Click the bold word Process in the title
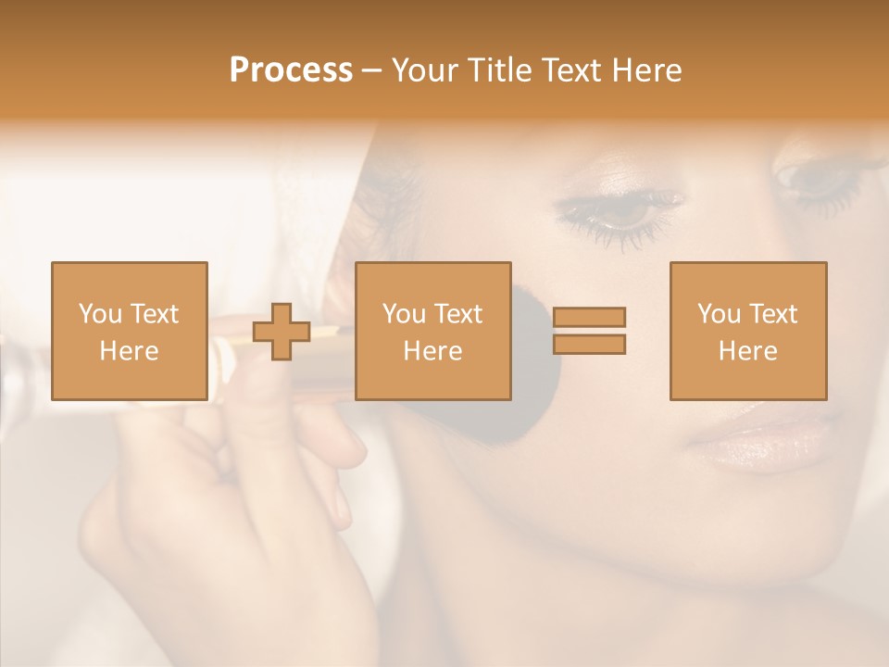pos(291,70)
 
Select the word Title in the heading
pos(501,70)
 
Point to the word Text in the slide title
pos(573,70)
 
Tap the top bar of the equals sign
pos(589,317)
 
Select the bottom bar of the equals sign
pos(589,345)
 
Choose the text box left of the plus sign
pos(130,331)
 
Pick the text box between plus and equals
pos(433,331)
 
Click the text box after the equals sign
pos(748,331)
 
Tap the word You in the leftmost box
pos(100,314)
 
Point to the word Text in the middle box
pos(458,314)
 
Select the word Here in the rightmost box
pos(748,351)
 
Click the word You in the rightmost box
pos(719,314)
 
